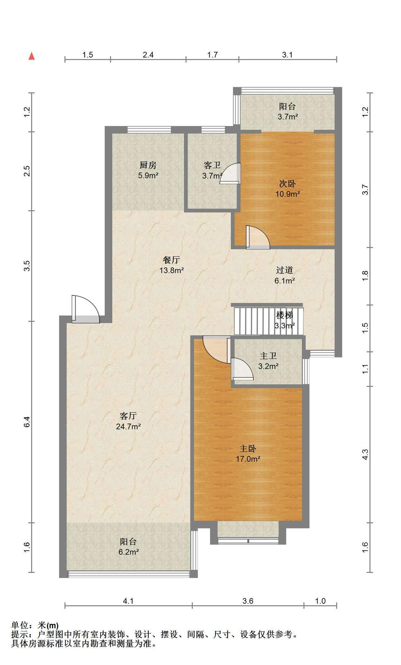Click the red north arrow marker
point(32,56)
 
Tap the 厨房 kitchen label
point(148,165)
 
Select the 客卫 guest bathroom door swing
point(229,173)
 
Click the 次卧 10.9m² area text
point(288,194)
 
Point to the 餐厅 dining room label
point(171,260)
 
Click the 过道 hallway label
point(285,270)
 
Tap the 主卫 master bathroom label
point(268,356)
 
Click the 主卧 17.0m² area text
point(248,459)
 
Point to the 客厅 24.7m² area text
point(128,426)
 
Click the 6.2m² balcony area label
point(129,552)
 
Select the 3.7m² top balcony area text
point(288,117)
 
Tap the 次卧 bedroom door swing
point(258,237)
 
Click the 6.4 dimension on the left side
point(27,422)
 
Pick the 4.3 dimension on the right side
point(365,454)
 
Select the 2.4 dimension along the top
point(148,55)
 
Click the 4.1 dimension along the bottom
point(128,601)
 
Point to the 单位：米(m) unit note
point(35,626)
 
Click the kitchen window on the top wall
point(149,130)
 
